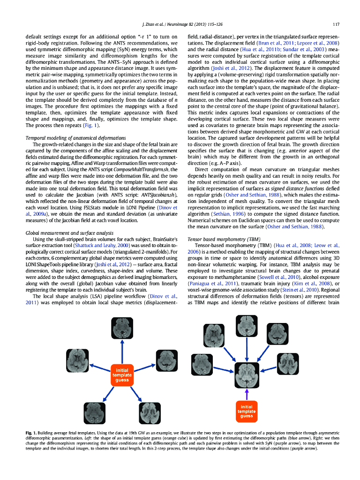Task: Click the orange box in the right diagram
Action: click(x=247, y=411)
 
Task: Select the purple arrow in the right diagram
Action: click(x=247, y=393)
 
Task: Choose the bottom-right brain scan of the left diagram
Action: click(x=150, y=413)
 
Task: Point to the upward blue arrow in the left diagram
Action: click(x=122, y=351)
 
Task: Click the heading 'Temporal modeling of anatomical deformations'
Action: click(x=75, y=138)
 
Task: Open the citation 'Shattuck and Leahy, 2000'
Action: click(x=100, y=245)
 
